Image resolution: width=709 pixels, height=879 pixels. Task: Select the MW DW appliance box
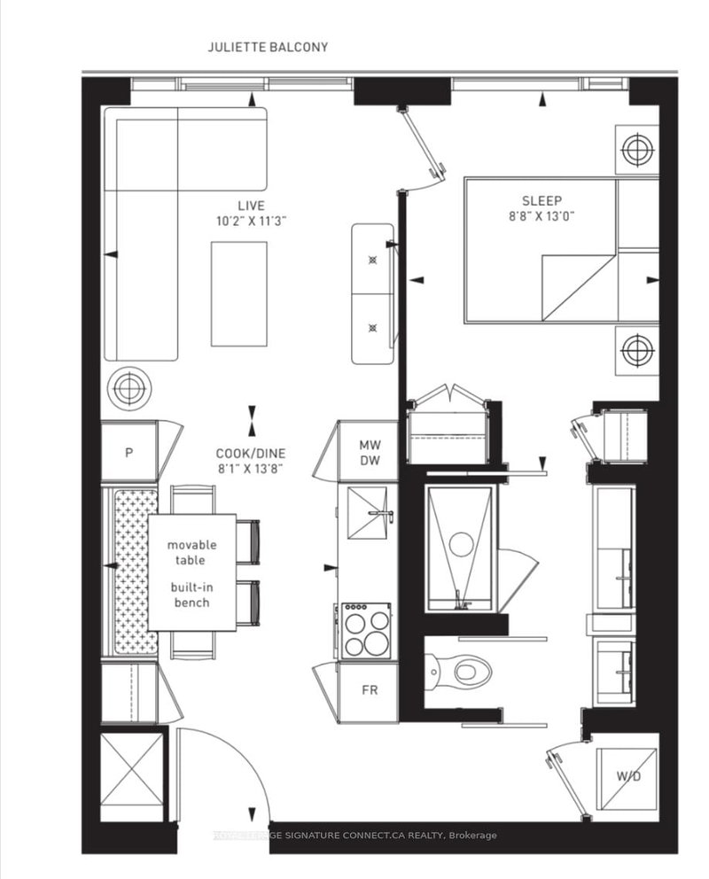370,451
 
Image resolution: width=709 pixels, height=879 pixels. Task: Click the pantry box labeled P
129,452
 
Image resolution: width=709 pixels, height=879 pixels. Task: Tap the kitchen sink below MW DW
368,513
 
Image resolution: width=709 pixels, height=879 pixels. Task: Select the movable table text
191,553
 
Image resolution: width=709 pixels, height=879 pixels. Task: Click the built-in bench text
191,595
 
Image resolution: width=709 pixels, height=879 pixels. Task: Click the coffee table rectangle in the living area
238,293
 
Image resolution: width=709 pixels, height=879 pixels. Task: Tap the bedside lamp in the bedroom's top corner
636,149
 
